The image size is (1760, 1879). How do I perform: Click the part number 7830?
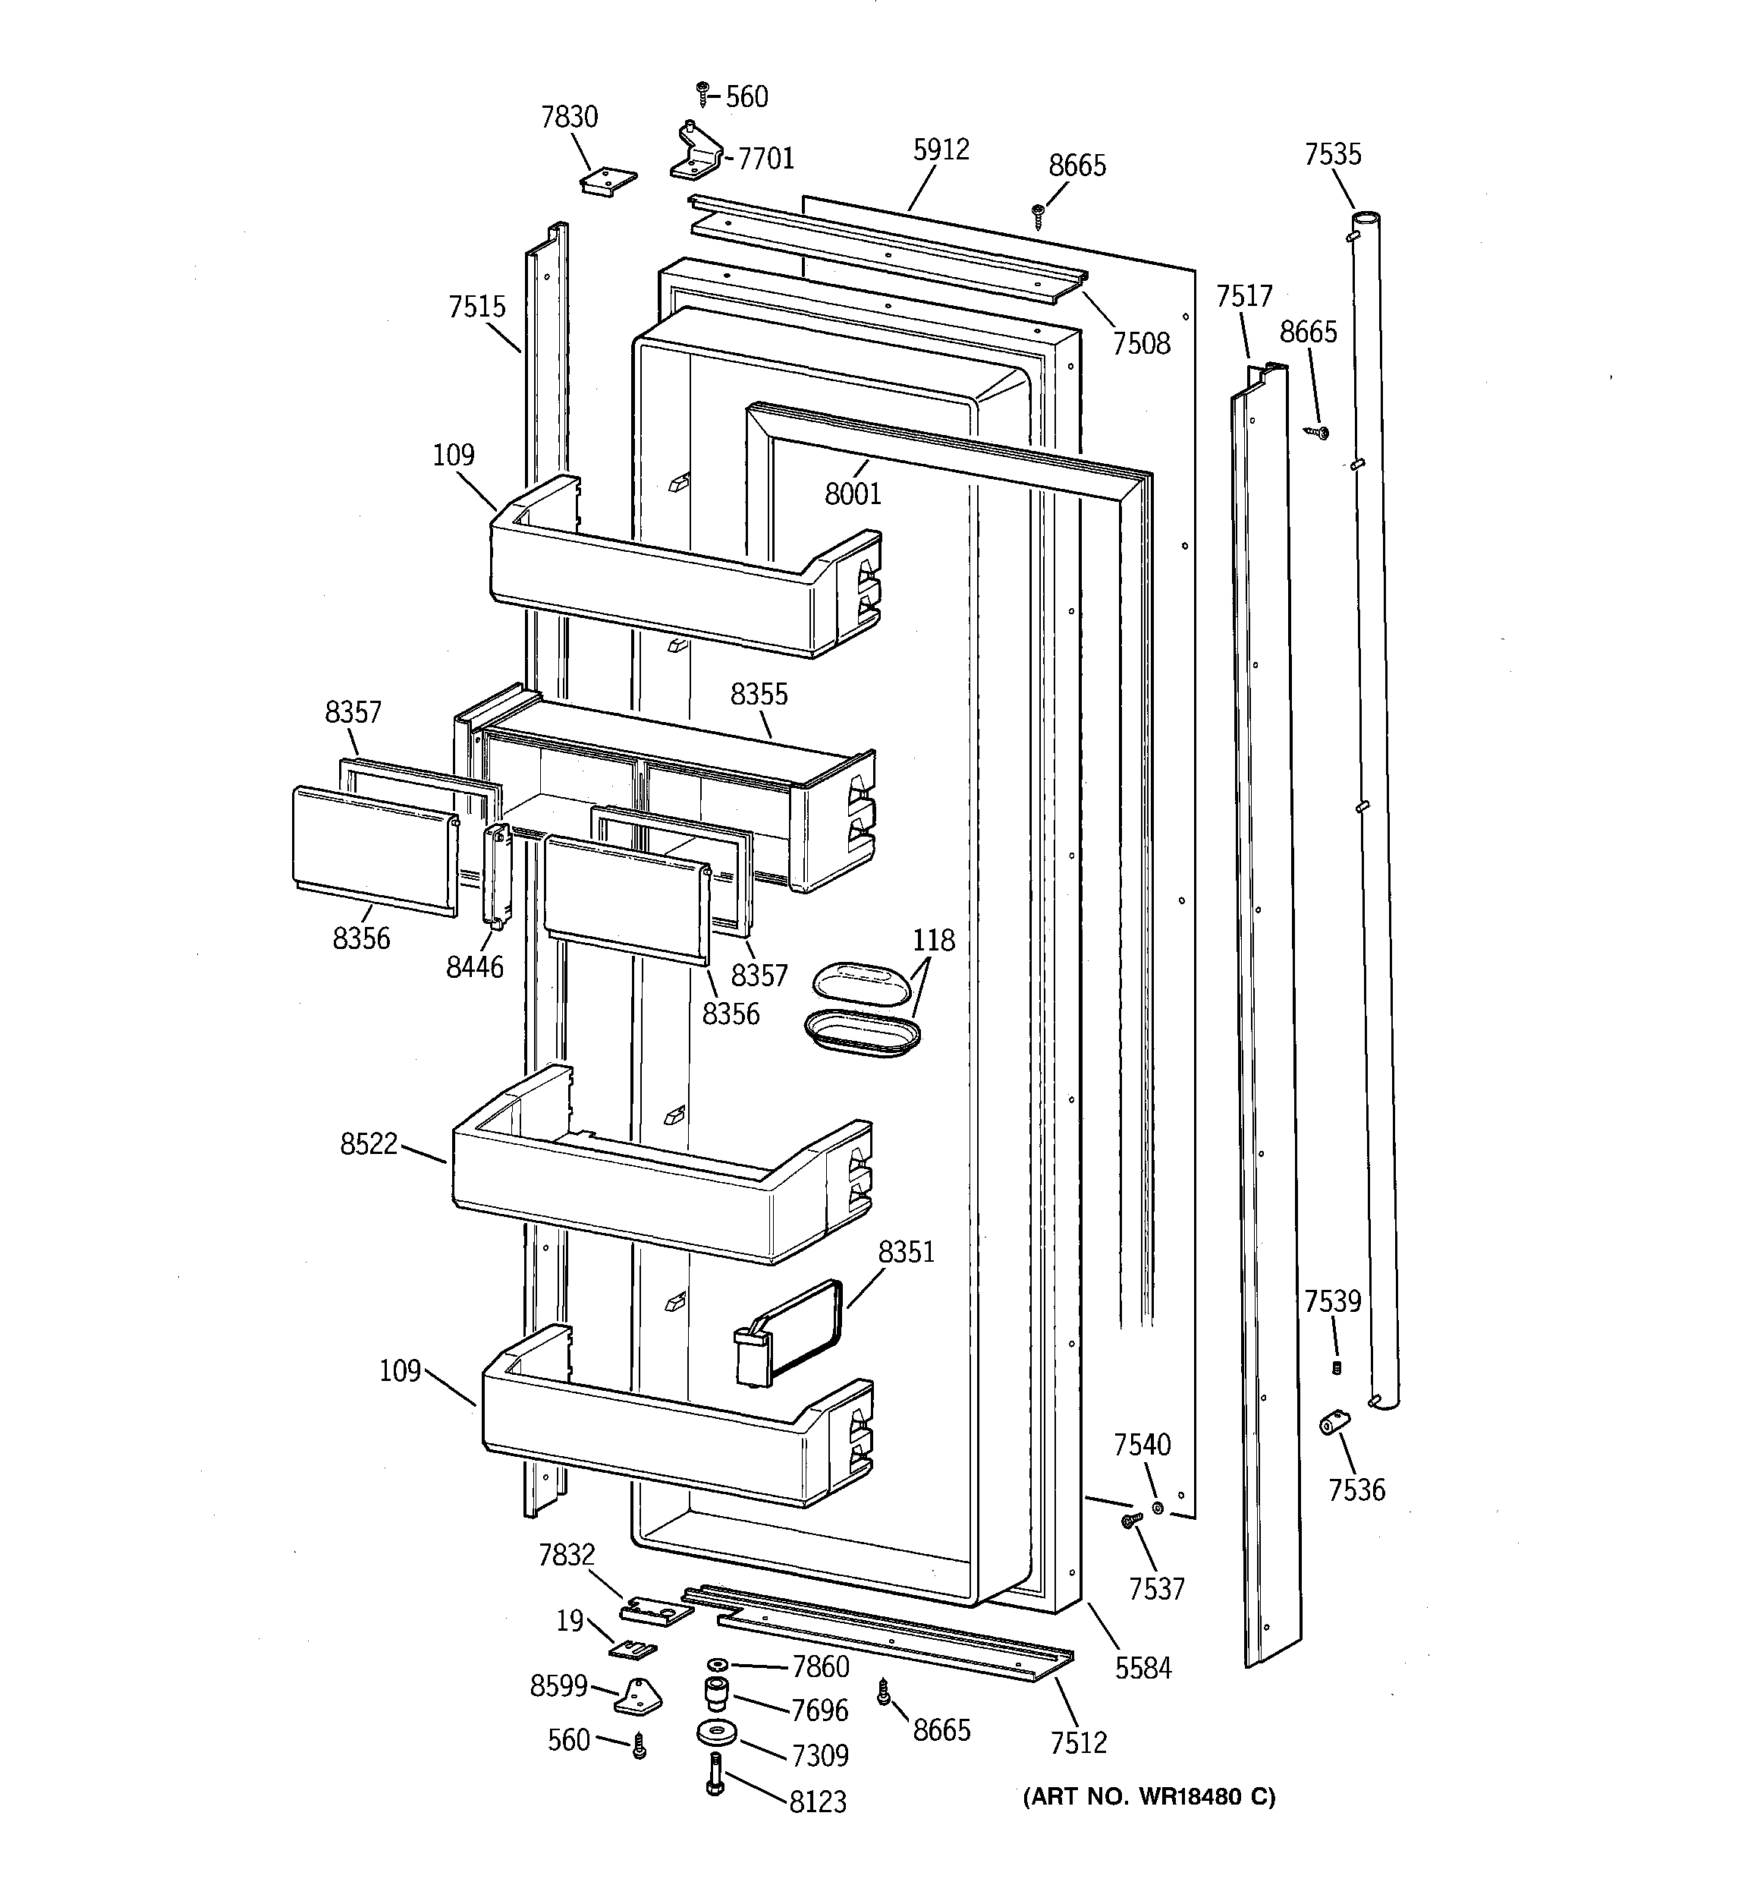(569, 117)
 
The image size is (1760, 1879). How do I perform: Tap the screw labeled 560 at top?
(702, 93)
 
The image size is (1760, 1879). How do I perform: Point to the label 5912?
(941, 150)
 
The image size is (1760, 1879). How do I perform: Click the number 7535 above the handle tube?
(1332, 154)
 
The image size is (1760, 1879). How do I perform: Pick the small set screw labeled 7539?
(1337, 1367)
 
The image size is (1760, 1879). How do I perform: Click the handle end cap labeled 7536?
(1334, 1421)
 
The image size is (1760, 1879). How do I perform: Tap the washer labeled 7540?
(1158, 1506)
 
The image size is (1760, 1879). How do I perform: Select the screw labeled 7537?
(1130, 1519)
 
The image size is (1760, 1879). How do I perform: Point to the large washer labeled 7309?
(717, 1733)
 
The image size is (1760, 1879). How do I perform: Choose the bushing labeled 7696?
(716, 1695)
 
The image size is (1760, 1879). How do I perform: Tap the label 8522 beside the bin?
(369, 1146)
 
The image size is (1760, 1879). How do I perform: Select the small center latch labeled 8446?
(497, 872)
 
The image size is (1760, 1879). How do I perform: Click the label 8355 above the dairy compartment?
(759, 695)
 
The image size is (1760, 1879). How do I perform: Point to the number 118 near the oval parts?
(932, 941)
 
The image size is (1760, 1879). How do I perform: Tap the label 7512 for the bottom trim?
(1078, 1742)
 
